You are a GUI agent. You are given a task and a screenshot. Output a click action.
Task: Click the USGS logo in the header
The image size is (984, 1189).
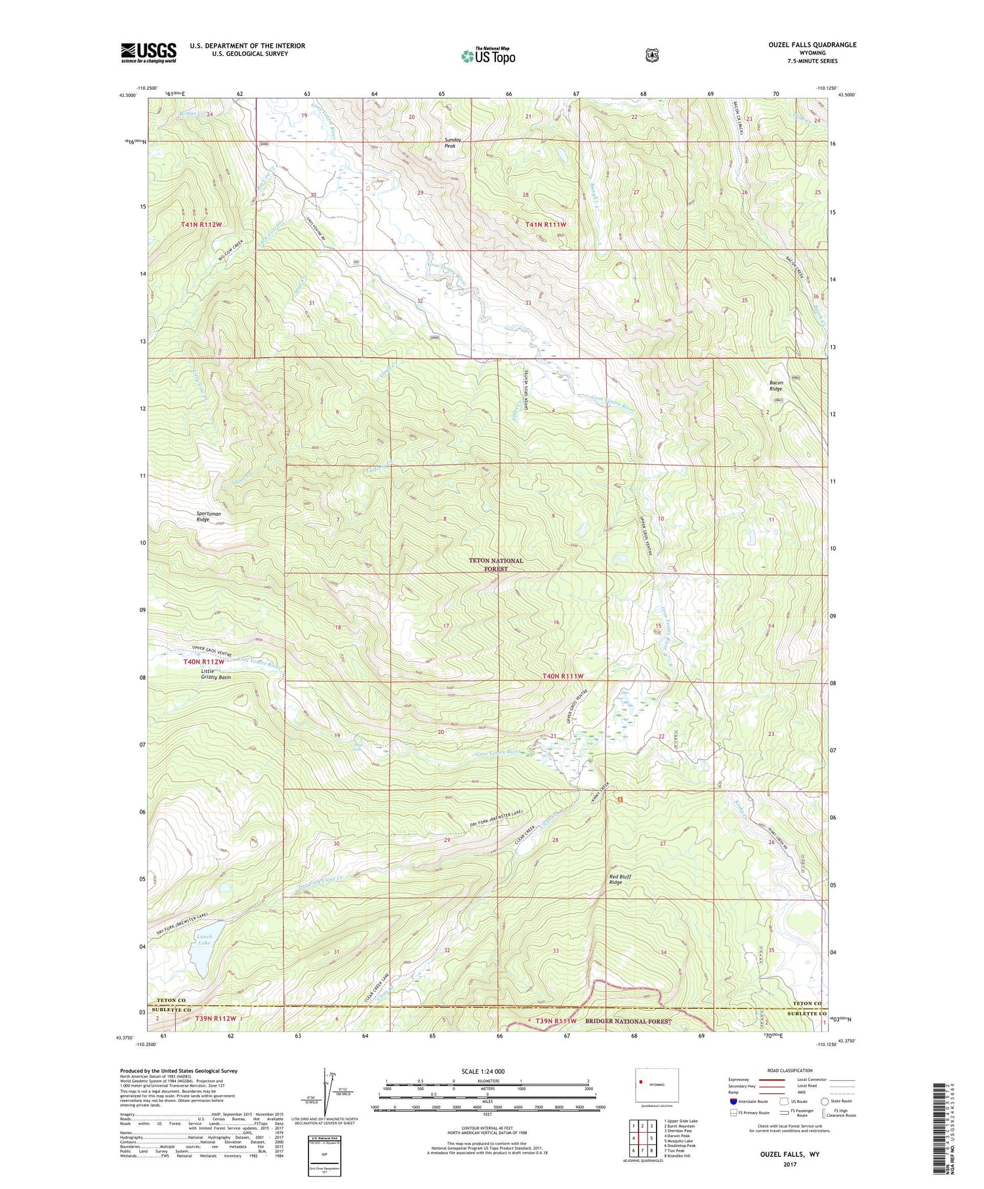148,52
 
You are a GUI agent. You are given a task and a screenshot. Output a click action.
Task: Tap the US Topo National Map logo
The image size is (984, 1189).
488,55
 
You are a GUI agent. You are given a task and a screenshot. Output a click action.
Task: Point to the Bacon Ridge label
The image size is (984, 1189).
775,386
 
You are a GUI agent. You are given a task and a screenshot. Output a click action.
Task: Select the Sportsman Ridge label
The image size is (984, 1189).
209,516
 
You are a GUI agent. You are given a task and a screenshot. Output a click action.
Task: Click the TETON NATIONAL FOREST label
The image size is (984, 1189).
496,565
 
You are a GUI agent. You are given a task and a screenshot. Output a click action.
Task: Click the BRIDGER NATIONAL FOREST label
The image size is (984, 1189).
629,1021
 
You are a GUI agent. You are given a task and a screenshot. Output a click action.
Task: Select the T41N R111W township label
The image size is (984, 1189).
545,224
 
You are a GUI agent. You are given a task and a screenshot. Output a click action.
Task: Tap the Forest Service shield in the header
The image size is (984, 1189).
651,55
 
